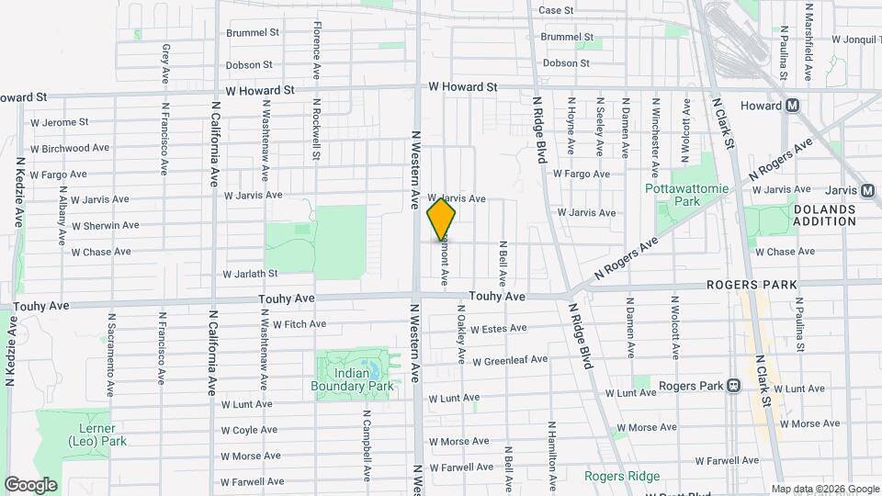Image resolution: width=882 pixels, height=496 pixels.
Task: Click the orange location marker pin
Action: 442,220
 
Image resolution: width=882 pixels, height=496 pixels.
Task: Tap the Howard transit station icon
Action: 792,106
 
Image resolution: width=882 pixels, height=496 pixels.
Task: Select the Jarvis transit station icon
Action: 867,190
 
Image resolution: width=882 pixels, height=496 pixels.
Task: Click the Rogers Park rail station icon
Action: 733,386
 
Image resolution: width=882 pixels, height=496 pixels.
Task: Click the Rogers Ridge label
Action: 623,476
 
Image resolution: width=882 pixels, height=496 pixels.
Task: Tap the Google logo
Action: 30,484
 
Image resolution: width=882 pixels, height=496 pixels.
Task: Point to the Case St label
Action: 556,10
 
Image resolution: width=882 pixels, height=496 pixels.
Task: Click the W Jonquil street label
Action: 854,39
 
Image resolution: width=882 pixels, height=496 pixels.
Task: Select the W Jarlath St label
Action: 250,274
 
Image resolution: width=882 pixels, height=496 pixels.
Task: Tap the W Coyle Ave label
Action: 249,429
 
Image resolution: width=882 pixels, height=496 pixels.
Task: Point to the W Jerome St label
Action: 59,121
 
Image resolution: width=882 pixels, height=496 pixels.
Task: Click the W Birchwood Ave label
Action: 70,148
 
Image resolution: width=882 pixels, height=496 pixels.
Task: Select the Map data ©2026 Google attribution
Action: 825,489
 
